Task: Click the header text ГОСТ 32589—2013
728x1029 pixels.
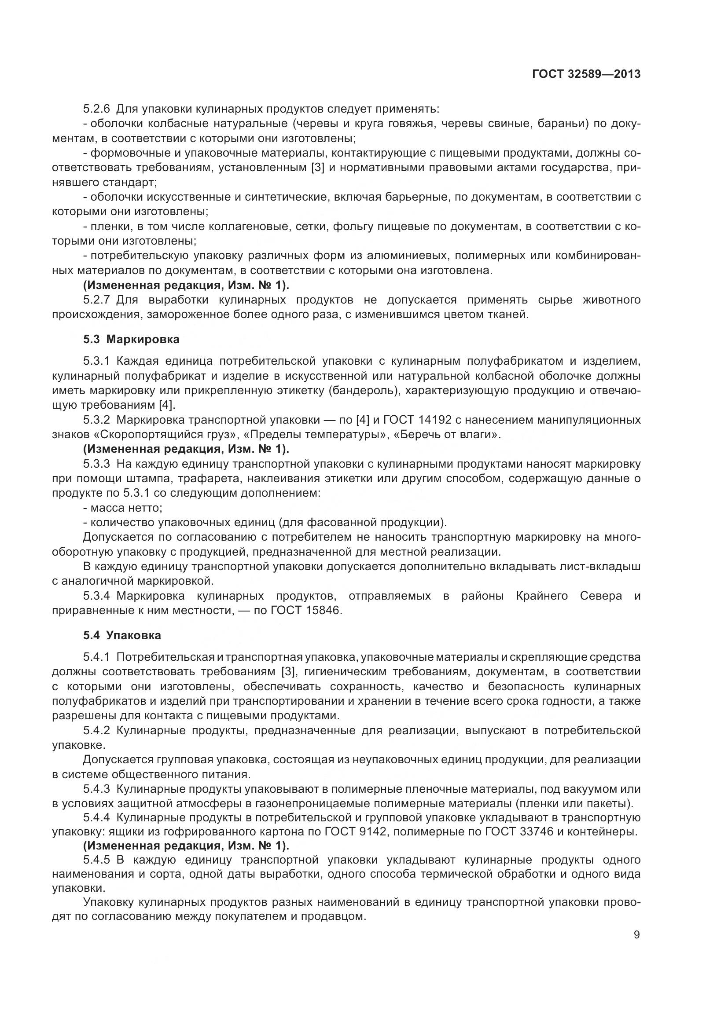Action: (x=586, y=74)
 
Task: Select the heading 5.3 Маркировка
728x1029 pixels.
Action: (x=131, y=339)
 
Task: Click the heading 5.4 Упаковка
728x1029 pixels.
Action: (x=122, y=635)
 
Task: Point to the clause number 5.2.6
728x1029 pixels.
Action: (x=96, y=109)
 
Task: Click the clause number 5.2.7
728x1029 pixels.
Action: (x=96, y=300)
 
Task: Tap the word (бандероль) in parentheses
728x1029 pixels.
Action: (x=364, y=391)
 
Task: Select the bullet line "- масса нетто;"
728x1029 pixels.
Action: (x=123, y=508)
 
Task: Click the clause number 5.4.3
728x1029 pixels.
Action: (x=96, y=789)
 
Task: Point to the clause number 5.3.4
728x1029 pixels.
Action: (x=96, y=596)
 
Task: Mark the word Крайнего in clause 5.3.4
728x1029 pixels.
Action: (x=541, y=596)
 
